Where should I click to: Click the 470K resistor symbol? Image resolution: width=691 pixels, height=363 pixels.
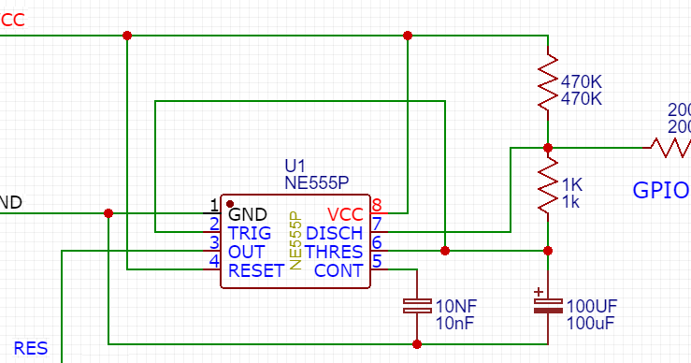point(548,86)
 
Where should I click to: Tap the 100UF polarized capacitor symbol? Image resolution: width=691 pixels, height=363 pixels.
point(548,306)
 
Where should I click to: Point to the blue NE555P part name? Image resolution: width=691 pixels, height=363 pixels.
point(318,182)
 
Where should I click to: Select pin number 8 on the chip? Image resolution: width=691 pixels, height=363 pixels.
point(377,206)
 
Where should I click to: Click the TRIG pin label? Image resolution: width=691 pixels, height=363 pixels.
point(250,233)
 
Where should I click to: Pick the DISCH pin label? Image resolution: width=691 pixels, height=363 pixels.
point(335,233)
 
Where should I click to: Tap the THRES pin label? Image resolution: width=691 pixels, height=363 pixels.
point(334,252)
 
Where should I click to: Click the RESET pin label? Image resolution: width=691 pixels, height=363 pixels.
point(255,270)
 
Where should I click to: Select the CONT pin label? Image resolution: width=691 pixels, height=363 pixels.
point(338,270)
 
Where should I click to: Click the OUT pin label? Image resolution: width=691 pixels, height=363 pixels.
point(246,252)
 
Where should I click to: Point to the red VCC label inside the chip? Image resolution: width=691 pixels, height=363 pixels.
point(345,214)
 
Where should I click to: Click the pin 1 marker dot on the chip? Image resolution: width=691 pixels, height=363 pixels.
point(230,202)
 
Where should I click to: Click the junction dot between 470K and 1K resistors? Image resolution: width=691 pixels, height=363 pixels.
point(548,148)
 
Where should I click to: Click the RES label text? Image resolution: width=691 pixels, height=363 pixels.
point(30,349)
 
